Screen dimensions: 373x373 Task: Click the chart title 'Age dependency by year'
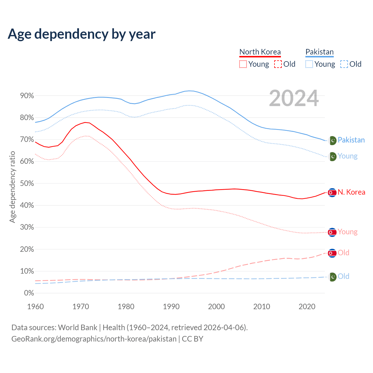[82, 34]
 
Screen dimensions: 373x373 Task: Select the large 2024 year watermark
[294, 98]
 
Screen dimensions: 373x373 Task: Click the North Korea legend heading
[260, 52]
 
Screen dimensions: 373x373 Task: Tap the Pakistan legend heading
[319, 52]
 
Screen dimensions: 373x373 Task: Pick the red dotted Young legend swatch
[243, 64]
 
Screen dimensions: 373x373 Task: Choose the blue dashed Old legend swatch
[344, 64]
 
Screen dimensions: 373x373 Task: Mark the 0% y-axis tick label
[29, 293]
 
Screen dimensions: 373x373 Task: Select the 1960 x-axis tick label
[35, 307]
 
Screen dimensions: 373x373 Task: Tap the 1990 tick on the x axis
[171, 307]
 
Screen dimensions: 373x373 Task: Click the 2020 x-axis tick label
[307, 307]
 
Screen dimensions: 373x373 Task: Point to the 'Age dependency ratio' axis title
[12, 187]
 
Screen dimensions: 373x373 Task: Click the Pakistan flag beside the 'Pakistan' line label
[332, 140]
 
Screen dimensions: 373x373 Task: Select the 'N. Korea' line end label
[351, 192]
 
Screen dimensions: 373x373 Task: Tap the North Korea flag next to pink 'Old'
[332, 253]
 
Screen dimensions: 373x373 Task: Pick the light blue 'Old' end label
[343, 276]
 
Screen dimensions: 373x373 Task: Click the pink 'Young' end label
[347, 232]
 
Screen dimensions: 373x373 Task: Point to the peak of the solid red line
[85, 122]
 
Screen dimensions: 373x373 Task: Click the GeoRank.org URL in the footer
[94, 339]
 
